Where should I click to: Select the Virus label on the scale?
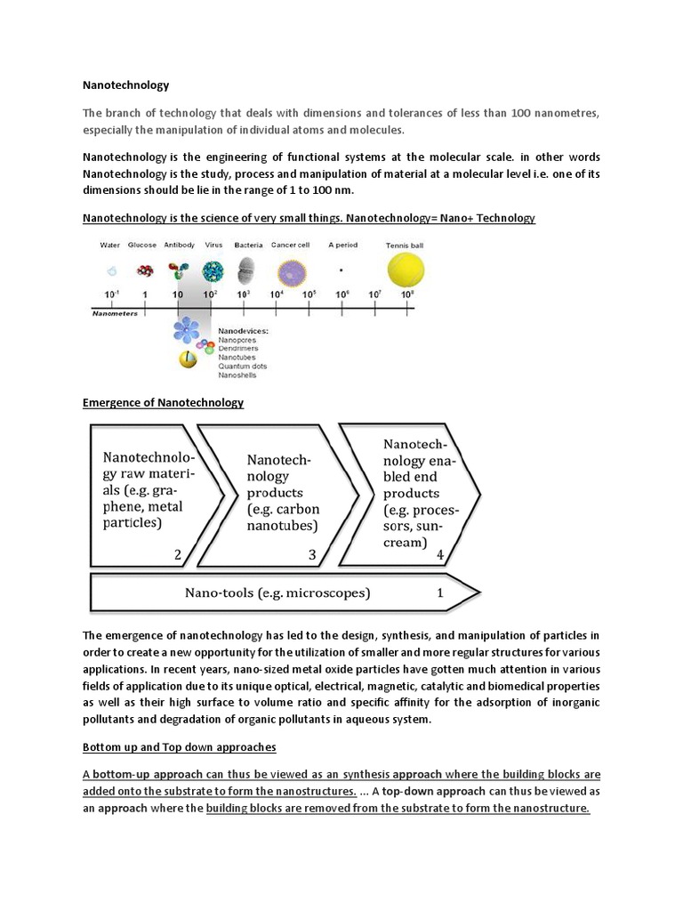pyautogui.click(x=213, y=245)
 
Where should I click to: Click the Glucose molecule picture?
pyautogui.click(x=142, y=271)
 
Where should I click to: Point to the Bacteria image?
pyautogui.click(x=248, y=270)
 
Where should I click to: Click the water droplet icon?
pyautogui.click(x=111, y=271)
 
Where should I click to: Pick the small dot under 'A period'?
pyautogui.click(x=342, y=270)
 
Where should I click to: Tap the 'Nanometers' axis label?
pyautogui.click(x=116, y=313)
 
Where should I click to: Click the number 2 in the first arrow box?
pyautogui.click(x=178, y=554)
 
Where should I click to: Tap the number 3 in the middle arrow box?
pyautogui.click(x=312, y=555)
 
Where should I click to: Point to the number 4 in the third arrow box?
pyautogui.click(x=439, y=555)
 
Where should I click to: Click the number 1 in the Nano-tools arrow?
pyautogui.click(x=439, y=592)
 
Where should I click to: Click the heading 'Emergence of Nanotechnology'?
pyautogui.click(x=163, y=402)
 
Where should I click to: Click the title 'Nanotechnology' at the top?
pyautogui.click(x=125, y=86)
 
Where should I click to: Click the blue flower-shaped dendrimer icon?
pyautogui.click(x=186, y=330)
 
